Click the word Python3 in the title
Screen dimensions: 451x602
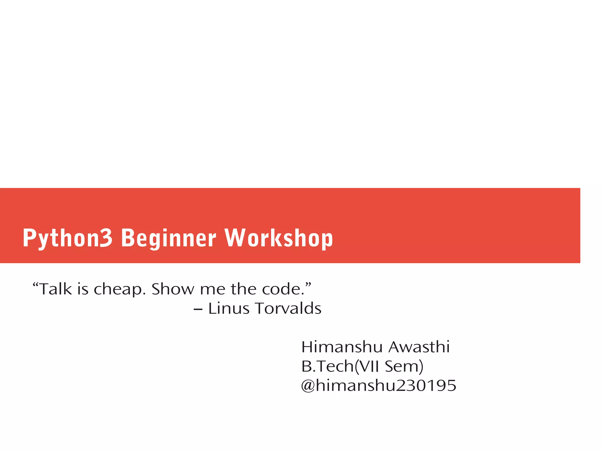(x=67, y=238)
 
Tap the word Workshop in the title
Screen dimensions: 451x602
(x=279, y=238)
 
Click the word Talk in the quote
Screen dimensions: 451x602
(x=55, y=289)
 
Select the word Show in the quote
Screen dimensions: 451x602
(x=173, y=289)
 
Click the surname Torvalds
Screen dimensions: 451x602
(x=288, y=309)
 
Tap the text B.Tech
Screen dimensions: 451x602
(x=327, y=366)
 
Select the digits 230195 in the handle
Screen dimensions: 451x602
(x=426, y=385)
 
